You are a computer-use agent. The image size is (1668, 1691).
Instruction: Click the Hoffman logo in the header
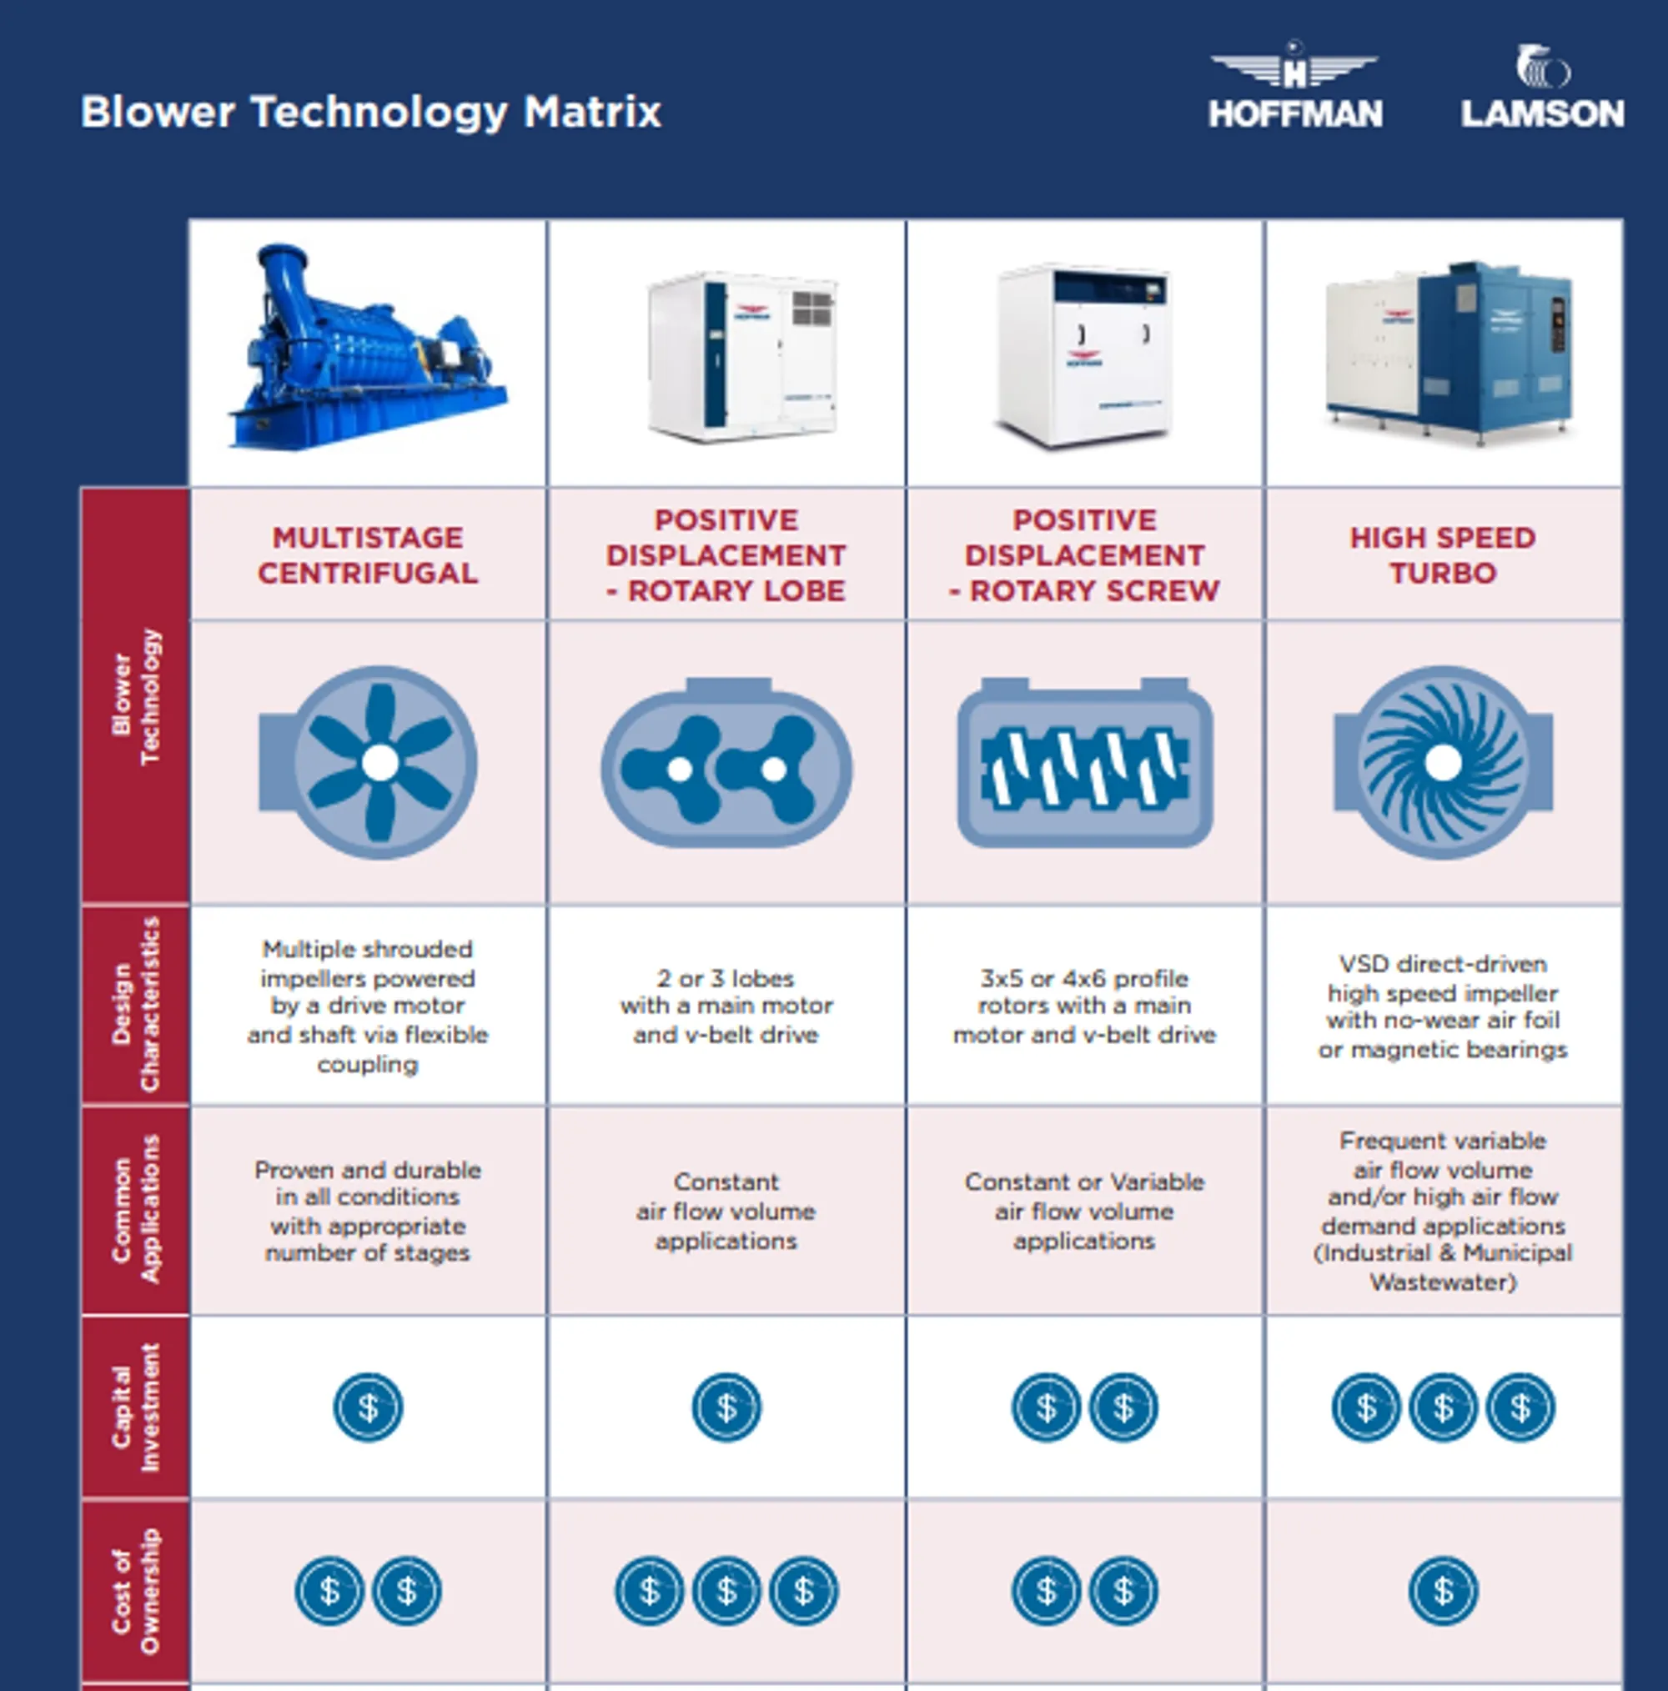1294,88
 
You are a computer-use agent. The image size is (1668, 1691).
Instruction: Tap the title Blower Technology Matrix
370,112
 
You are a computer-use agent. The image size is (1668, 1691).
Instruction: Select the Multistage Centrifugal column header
368,555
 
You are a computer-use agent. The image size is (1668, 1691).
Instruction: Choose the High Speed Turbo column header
1442,555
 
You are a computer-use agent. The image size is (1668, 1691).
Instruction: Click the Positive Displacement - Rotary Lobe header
726,555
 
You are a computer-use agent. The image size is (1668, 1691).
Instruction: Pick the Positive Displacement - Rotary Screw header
1084,555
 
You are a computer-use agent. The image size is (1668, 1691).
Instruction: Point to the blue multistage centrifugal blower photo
368,350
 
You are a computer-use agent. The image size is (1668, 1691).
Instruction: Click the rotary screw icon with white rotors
1085,763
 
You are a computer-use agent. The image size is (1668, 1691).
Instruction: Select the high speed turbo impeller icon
1443,762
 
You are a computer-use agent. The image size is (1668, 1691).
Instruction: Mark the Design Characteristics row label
136,1004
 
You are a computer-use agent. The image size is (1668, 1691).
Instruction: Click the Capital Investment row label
136,1407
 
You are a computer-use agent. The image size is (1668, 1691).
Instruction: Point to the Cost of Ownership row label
136,1590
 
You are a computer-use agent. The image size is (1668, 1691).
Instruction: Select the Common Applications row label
136,1210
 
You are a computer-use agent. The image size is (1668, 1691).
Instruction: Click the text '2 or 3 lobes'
726,978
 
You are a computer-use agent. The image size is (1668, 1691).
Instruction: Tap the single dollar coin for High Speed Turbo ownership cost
1443,1590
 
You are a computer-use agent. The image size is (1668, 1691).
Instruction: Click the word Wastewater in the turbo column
1442,1282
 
